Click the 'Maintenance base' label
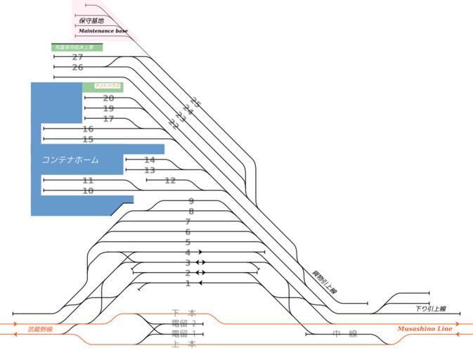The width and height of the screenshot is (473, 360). tap(103, 31)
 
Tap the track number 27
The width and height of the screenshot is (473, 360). tap(77, 57)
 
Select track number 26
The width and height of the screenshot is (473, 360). tap(77, 67)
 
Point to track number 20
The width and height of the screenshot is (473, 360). tap(108, 98)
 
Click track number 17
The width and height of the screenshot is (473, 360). tap(108, 119)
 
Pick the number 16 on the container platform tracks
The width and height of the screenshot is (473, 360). tap(88, 129)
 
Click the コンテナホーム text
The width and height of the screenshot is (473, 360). tap(70, 160)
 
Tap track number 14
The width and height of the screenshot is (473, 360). tap(149, 160)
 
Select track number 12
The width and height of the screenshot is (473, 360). tap(170, 181)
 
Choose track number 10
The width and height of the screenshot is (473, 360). tap(88, 191)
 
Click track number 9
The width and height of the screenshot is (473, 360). tap(190, 201)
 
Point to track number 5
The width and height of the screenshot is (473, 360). tap(188, 242)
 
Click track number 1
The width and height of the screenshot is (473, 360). tap(188, 283)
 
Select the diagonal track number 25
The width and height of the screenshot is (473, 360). tap(195, 103)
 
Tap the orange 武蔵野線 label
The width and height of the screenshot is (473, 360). tap(40, 329)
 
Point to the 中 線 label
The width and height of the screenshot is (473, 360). tap(345, 334)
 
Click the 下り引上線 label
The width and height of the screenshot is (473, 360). tap(430, 309)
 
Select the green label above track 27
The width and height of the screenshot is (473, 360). tap(77, 47)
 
